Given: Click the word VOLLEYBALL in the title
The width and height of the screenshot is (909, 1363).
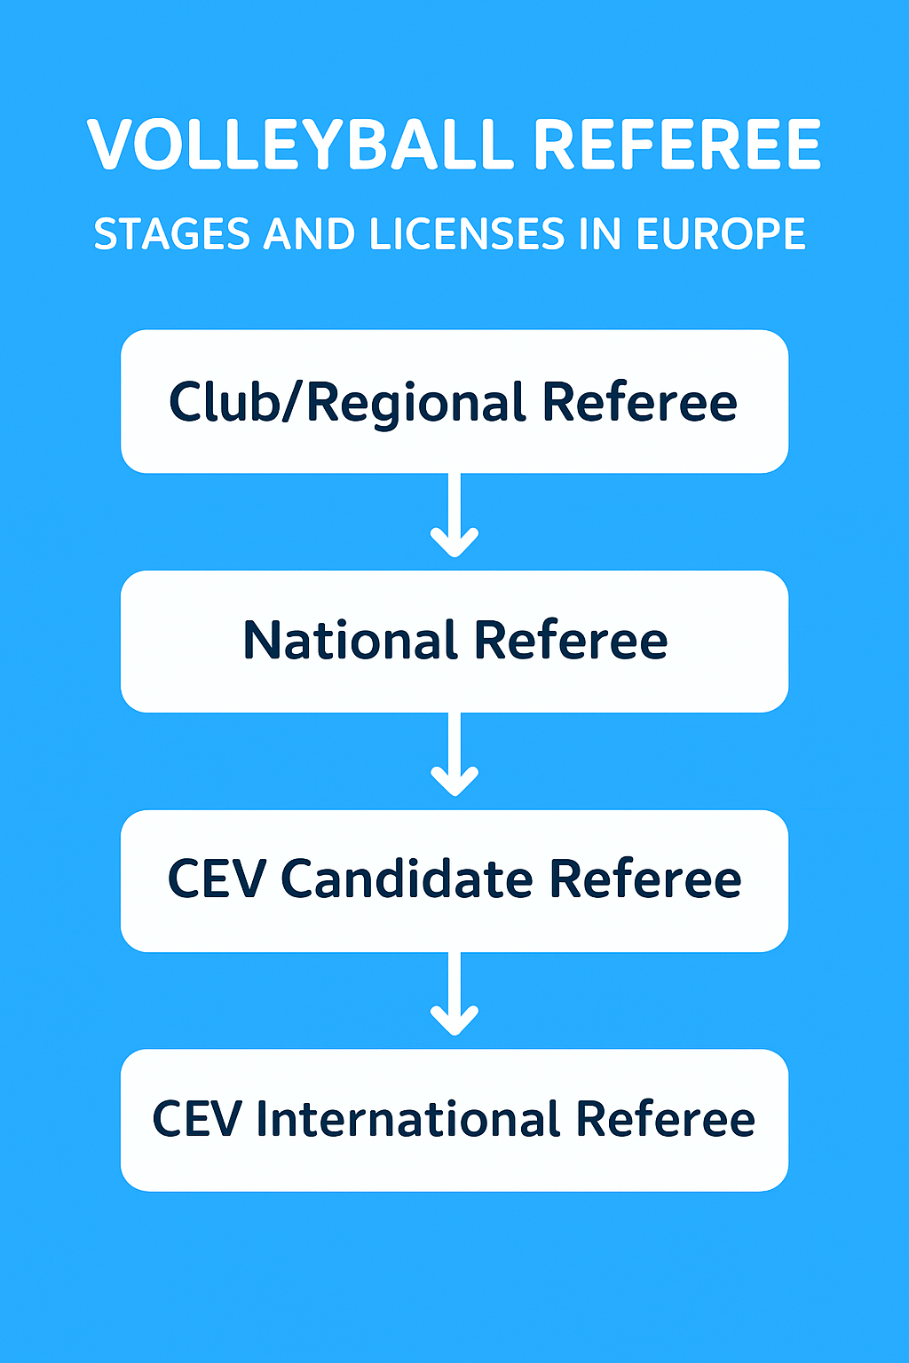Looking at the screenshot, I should tap(300, 145).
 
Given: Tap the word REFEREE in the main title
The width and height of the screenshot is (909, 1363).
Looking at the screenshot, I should tap(677, 145).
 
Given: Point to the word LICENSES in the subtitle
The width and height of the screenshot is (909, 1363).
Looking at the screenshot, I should tap(466, 234).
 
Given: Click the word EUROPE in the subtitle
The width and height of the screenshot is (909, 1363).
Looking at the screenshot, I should tap(721, 234).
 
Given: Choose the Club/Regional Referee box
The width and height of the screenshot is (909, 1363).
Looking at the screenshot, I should tap(454, 401).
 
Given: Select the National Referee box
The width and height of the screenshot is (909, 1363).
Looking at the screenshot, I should tap(454, 641).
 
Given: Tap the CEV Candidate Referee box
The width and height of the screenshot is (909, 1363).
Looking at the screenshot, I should tap(454, 880).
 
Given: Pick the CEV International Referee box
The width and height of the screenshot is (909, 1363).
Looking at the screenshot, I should tap(454, 1120).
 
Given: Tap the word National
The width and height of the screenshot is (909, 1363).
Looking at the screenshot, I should tap(351, 641).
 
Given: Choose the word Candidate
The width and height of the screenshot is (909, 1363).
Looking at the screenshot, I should tap(407, 879).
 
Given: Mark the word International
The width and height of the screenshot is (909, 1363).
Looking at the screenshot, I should tap(408, 1119).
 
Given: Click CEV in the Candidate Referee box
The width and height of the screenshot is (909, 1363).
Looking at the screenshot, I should tap(217, 879).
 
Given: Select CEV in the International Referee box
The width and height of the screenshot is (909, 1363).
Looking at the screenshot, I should tap(197, 1119).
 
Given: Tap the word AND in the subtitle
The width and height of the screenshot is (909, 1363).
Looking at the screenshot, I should tap(309, 234).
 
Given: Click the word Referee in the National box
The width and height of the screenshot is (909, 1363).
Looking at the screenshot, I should tap(570, 641).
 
